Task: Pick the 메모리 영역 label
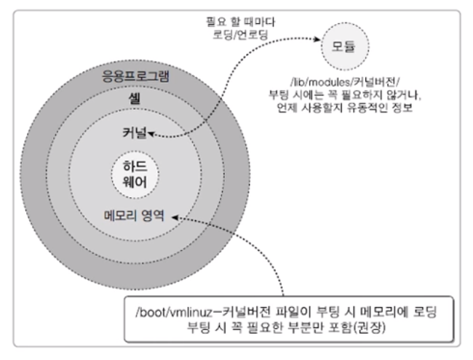tap(134, 216)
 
